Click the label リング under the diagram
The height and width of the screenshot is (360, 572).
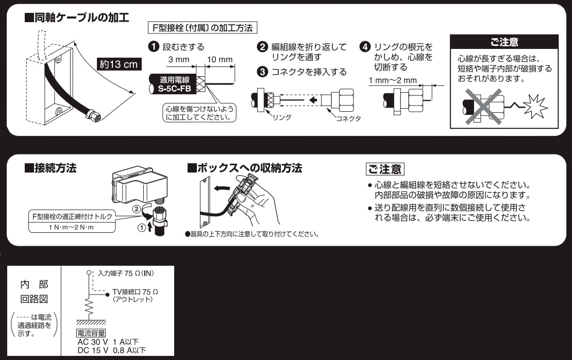(x=282, y=118)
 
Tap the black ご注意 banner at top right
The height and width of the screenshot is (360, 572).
(x=504, y=41)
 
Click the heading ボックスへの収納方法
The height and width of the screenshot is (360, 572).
(x=244, y=168)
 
